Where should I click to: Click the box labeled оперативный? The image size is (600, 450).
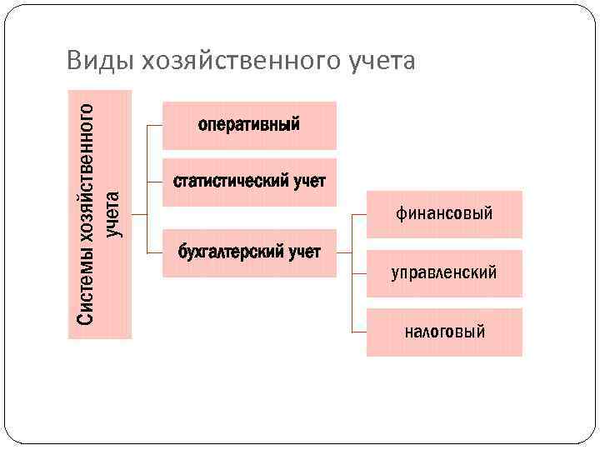(249, 125)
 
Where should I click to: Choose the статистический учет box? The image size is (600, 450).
(249, 182)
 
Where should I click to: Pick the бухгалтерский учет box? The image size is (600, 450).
(249, 252)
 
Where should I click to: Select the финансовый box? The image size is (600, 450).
(444, 214)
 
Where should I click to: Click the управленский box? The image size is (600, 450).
(444, 273)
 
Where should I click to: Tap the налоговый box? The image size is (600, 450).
(444, 332)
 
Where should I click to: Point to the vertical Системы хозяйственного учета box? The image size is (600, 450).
(99, 213)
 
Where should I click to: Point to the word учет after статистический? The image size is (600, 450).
(310, 182)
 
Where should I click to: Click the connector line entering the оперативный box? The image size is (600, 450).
(154, 125)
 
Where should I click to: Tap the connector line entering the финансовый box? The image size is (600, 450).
(358, 214)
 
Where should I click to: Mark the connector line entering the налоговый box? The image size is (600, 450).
(358, 332)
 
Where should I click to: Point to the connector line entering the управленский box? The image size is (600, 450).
(358, 273)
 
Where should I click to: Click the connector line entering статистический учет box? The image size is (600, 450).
(154, 182)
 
